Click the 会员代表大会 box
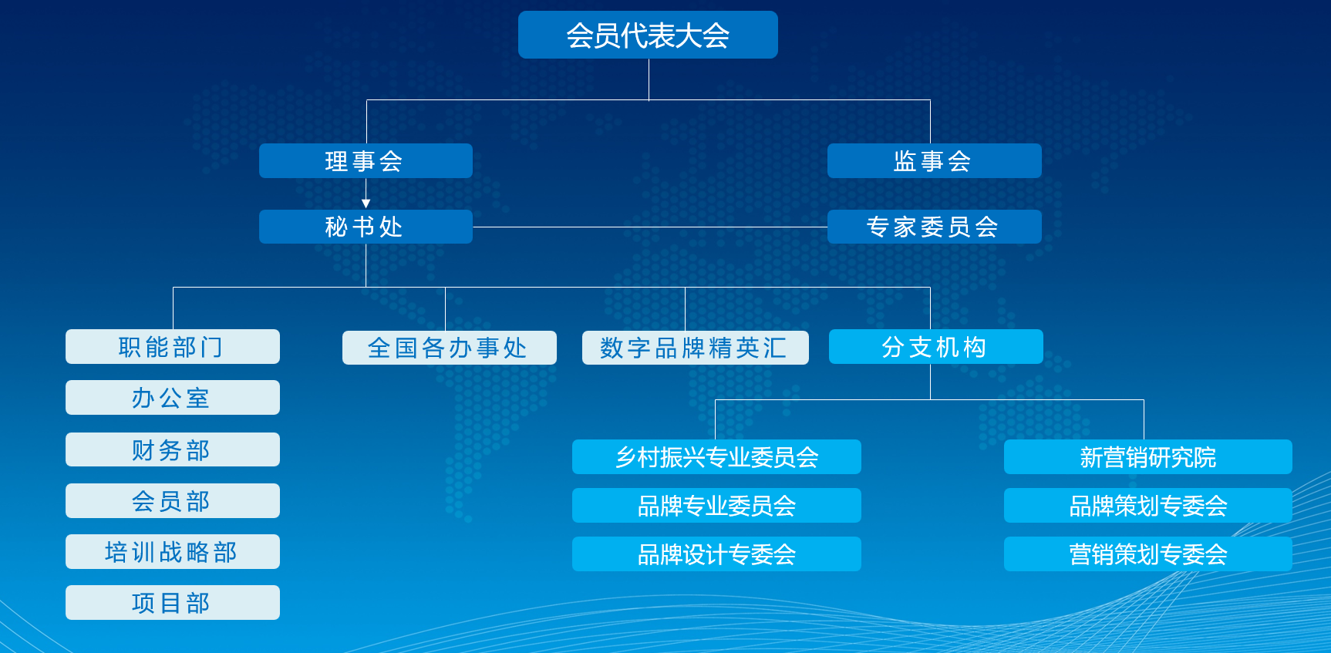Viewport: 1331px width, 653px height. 648,35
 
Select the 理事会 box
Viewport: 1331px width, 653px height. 366,160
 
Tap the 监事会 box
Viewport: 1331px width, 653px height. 935,160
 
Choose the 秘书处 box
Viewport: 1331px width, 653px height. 366,227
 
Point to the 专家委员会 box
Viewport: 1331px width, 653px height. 935,227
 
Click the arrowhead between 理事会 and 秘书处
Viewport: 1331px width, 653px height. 366,204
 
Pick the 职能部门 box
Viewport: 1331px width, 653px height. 173,346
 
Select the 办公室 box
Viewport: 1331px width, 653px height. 173,397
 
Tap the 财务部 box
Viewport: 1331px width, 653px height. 173,449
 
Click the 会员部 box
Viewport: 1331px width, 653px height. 173,500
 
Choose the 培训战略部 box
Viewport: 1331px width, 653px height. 173,551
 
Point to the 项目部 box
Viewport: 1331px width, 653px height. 173,602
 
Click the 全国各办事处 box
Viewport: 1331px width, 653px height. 450,348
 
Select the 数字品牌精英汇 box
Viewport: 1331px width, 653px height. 696,348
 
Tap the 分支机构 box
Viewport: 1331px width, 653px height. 936,346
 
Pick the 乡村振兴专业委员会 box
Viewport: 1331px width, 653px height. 716,456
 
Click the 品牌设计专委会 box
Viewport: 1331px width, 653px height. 716,554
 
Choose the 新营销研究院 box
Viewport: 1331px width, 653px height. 1148,456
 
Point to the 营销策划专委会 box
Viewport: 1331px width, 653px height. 1148,554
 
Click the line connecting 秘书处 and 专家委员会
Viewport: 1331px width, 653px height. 650,227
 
